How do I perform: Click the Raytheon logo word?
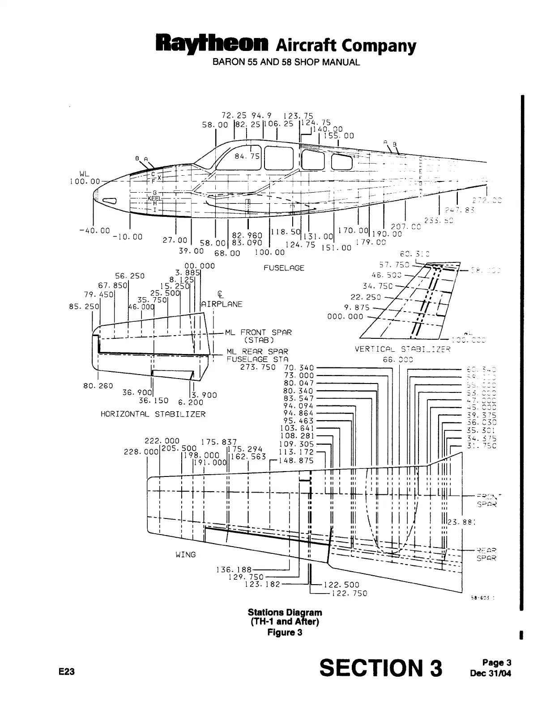212,45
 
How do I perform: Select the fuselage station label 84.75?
247,156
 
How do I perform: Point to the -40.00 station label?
93,231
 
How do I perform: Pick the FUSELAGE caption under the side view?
284,268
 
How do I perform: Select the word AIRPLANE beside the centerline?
222,304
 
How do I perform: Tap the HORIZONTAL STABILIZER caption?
153,414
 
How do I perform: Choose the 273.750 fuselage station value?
258,367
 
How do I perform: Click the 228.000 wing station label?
141,452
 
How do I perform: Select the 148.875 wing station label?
296,460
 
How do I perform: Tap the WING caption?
185,554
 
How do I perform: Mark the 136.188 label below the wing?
234,569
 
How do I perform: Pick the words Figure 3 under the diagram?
285,632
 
